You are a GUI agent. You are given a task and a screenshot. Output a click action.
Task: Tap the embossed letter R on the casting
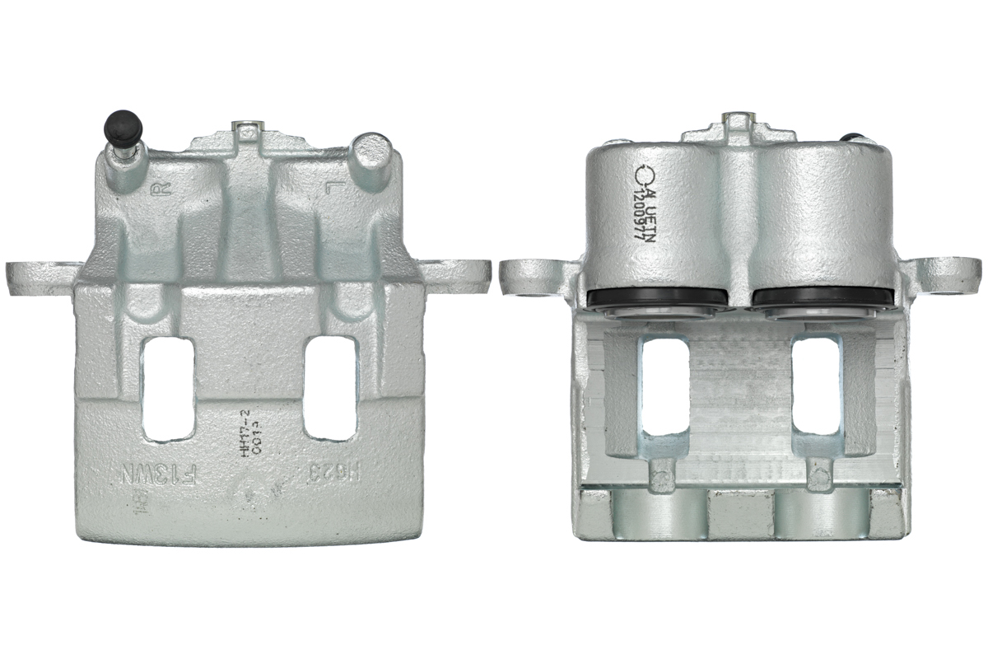pyautogui.click(x=162, y=189)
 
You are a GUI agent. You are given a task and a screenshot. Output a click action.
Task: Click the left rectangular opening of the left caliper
pyautogui.click(x=168, y=387)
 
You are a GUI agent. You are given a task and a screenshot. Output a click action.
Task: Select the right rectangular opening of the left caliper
pyautogui.click(x=330, y=387)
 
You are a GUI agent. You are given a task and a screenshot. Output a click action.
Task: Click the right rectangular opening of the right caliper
pyautogui.click(x=815, y=386)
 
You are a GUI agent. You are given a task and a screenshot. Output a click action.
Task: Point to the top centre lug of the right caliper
pyautogui.click(x=735, y=129)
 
